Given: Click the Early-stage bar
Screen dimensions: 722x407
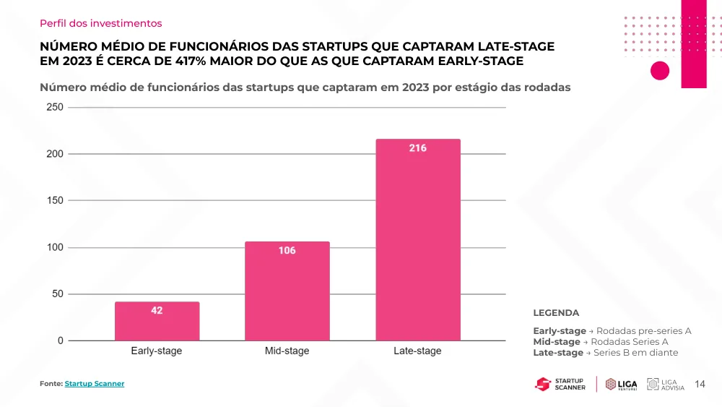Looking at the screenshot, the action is pos(157,321).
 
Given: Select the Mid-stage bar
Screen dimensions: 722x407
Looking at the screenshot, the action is pos(287,291).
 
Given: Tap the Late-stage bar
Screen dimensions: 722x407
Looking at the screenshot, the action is pos(418,240).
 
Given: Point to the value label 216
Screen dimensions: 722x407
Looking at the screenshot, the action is pos(417,148).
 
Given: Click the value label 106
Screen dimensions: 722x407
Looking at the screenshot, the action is pos(287,250).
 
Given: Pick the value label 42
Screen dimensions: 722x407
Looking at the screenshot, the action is pos(157,311).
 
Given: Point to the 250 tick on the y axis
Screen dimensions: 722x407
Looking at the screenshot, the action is pos(55,107).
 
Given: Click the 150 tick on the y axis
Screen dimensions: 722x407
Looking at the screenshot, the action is pos(55,200).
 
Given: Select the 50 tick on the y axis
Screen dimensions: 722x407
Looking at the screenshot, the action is pos(58,294).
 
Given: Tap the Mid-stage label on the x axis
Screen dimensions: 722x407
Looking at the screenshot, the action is pos(287,351).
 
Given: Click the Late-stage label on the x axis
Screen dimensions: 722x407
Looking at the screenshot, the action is pos(417,351).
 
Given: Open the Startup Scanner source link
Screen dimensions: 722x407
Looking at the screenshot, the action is pos(95,383).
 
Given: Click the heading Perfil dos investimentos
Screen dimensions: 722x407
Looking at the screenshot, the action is pos(101,23).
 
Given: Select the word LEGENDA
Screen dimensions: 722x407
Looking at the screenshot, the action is pos(556,313).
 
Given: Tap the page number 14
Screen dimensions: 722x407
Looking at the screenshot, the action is pos(700,384).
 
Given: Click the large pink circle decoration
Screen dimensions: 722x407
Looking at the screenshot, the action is pos(660,71).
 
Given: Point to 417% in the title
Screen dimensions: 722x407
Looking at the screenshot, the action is pos(190,61).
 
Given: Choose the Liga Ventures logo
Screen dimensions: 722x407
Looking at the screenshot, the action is pos(621,384).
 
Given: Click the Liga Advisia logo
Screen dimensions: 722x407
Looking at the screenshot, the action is pos(666,384).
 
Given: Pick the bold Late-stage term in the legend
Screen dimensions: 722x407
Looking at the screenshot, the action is pos(558,353).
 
